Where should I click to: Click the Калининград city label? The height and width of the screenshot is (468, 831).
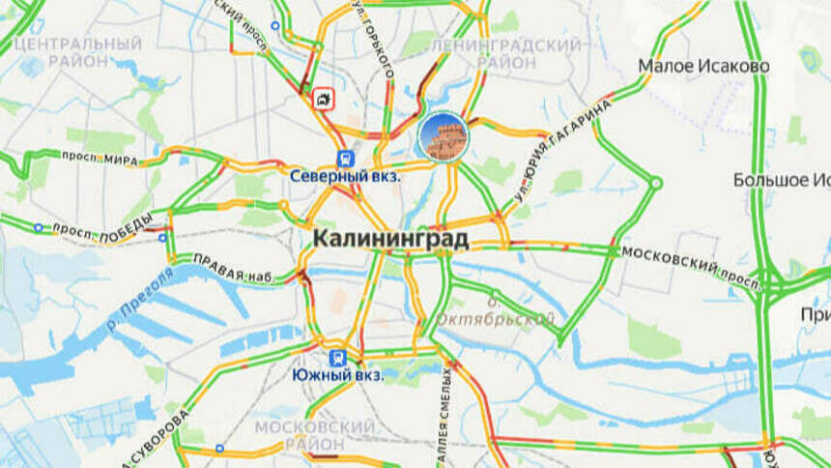point(390,238)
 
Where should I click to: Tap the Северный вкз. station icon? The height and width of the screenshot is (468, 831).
point(345,159)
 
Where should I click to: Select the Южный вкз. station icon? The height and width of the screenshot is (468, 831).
point(337,357)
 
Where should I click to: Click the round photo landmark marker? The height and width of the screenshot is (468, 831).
point(443,136)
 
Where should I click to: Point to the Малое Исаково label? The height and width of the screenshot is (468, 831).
point(703,67)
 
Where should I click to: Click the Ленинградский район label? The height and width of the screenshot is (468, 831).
point(506,53)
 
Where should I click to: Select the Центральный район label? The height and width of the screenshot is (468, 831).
point(79,52)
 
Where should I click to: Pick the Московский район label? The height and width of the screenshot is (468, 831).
point(314,434)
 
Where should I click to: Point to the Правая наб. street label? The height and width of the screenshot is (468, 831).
point(234,269)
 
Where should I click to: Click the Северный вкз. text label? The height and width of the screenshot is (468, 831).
point(345,177)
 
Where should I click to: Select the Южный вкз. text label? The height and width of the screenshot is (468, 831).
point(337,375)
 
